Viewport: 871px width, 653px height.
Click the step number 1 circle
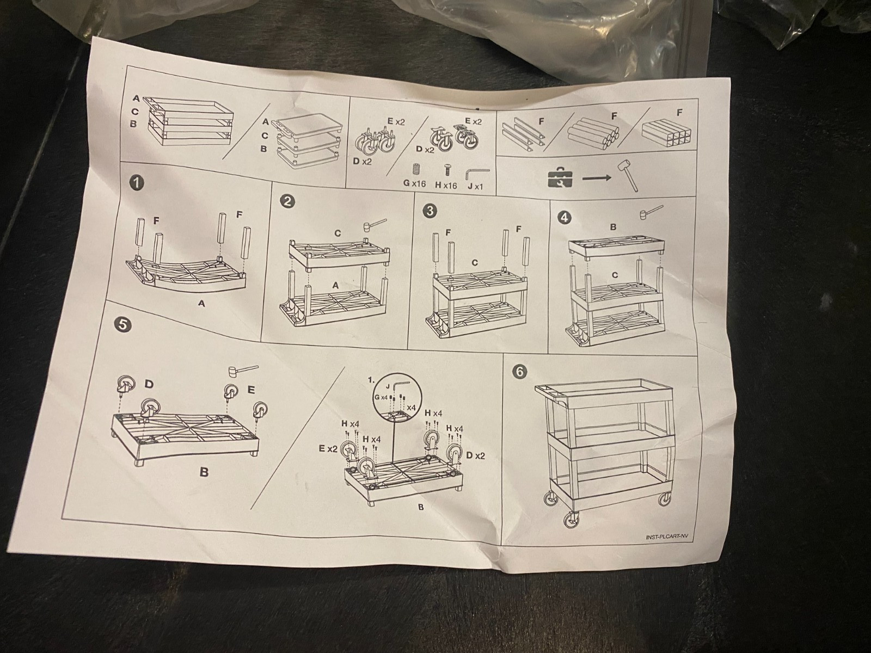click(137, 183)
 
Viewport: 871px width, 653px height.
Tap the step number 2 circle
click(287, 201)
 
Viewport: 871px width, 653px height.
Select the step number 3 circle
click(430, 211)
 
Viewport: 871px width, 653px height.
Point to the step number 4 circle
click(565, 218)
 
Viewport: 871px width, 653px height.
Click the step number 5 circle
click(122, 324)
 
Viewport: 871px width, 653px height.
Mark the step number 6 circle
click(520, 372)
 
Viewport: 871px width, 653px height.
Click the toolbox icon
click(560, 177)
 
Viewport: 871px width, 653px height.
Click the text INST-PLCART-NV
click(666, 537)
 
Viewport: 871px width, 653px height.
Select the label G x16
click(414, 183)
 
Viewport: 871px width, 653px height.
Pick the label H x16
click(446, 185)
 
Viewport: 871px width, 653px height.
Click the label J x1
click(475, 186)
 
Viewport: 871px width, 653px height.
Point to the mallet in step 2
click(375, 224)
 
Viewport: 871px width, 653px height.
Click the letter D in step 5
click(149, 384)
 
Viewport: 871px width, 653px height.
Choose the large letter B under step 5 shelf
click(204, 472)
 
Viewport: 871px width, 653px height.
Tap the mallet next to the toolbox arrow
click(628, 175)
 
